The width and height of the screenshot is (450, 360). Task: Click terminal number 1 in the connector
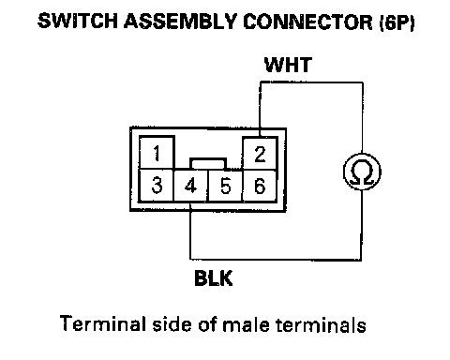(x=157, y=153)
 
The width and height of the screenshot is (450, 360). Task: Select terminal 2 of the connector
(x=260, y=154)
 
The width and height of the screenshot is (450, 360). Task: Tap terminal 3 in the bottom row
(x=157, y=186)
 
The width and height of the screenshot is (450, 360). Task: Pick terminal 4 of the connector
(x=190, y=186)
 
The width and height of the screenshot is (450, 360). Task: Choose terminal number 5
(x=225, y=186)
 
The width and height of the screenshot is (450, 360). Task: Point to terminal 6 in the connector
(x=260, y=186)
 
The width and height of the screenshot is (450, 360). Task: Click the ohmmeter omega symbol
(x=362, y=172)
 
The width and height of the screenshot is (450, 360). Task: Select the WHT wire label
(x=288, y=65)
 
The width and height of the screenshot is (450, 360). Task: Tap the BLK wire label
(x=214, y=277)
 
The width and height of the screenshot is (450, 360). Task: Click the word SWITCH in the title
(x=78, y=22)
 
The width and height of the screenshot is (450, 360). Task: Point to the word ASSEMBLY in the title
(x=180, y=22)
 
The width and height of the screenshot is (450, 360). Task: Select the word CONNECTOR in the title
(x=307, y=22)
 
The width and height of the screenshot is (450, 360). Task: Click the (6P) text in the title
(x=397, y=22)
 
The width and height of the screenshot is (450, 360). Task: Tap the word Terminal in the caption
(x=103, y=323)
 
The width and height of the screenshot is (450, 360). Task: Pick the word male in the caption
(x=246, y=324)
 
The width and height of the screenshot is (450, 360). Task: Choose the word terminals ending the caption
(x=321, y=324)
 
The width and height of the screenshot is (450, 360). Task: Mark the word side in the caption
(x=172, y=323)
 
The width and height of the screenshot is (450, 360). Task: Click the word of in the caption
(x=207, y=323)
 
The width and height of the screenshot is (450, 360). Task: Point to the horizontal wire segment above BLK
(x=276, y=260)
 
